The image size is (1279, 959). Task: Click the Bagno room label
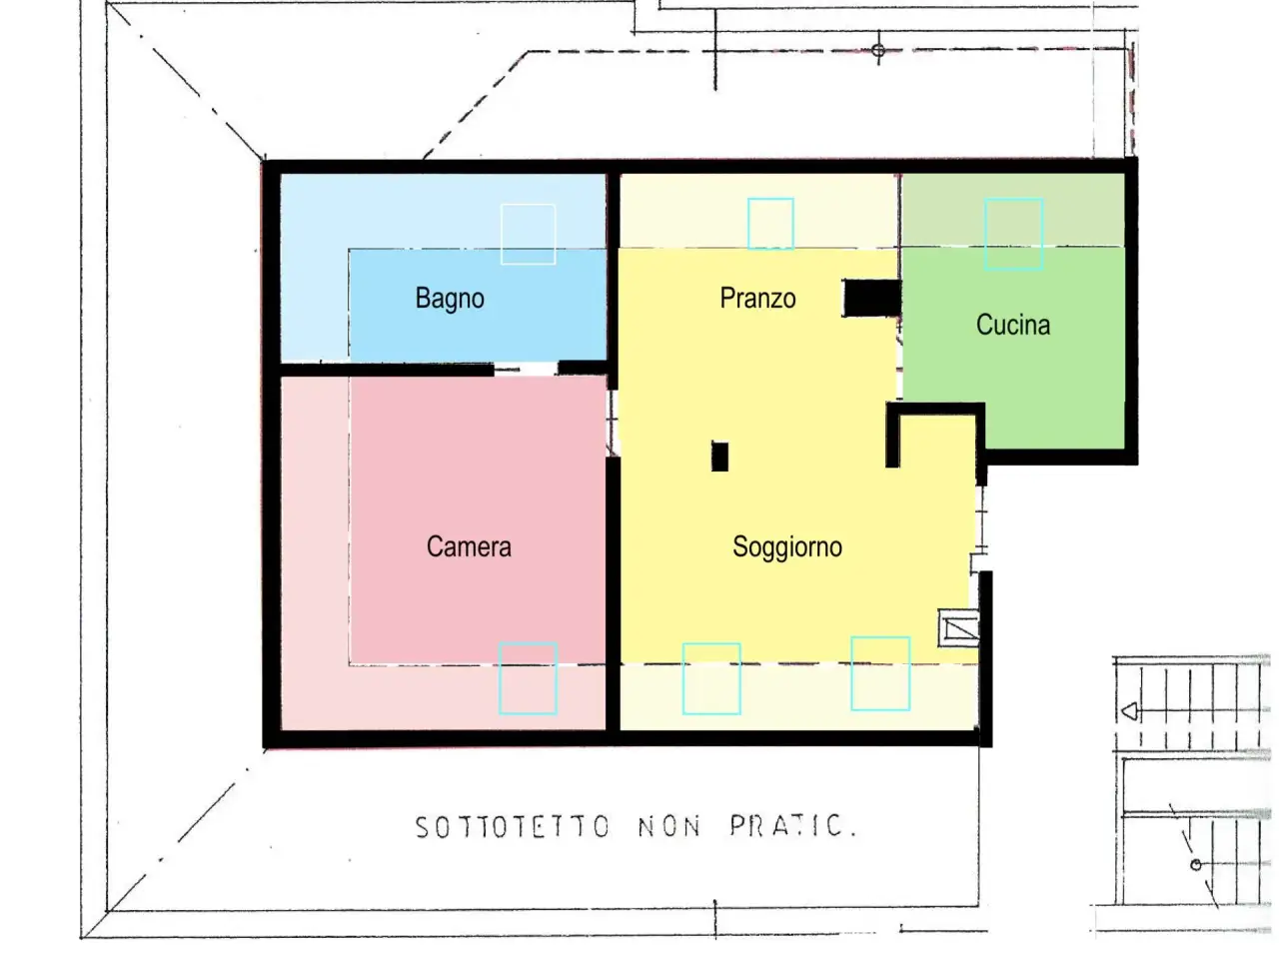tap(450, 299)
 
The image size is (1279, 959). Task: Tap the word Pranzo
tap(757, 298)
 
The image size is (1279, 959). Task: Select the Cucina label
tap(1013, 325)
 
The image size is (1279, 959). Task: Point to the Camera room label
tap(469, 546)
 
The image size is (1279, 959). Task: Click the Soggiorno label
tap(786, 546)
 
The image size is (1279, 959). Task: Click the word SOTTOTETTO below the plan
tap(513, 827)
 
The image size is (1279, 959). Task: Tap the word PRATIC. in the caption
tap(793, 825)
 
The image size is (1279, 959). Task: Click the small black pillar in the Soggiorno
tap(719, 457)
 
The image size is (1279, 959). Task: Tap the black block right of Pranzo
tap(871, 298)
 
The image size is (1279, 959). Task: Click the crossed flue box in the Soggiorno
tap(958, 627)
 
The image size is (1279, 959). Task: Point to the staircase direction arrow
tap(1129, 711)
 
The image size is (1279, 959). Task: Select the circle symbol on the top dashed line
tap(878, 51)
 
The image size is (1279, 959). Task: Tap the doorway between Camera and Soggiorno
tap(612, 424)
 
